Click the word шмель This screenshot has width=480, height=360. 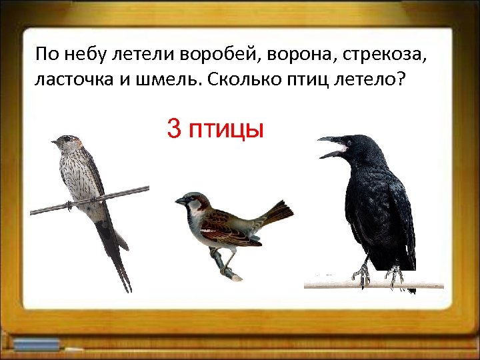tap(167, 79)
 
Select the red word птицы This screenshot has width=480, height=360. tap(227, 130)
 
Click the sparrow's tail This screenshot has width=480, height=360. tap(276, 213)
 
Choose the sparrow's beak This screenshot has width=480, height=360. tap(179, 200)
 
